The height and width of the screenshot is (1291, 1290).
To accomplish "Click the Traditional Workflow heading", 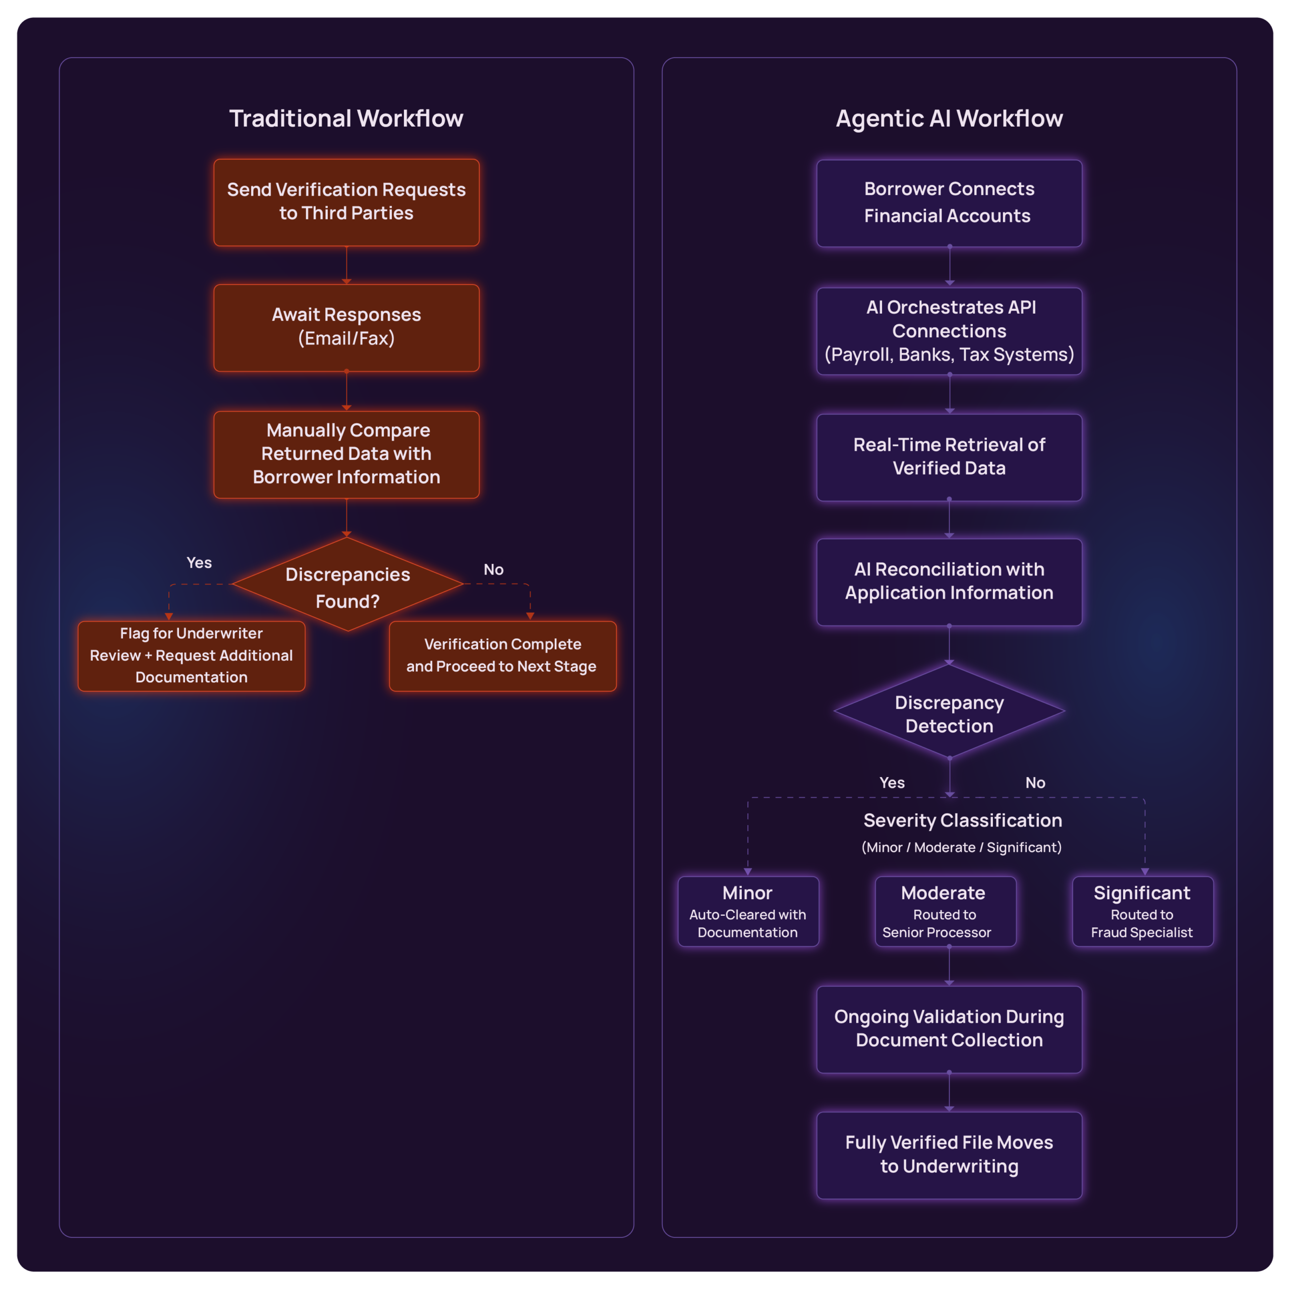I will tap(346, 119).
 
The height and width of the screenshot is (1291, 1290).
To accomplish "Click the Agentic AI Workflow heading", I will tap(949, 119).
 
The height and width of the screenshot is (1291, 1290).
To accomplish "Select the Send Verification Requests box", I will tap(346, 202).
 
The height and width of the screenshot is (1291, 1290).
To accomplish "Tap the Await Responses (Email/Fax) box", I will tap(346, 327).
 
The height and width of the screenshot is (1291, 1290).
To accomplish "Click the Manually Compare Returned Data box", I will tap(346, 454).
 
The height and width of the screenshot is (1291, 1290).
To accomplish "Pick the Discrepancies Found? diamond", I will tap(347, 585).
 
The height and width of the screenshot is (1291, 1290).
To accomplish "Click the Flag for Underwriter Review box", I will tap(191, 656).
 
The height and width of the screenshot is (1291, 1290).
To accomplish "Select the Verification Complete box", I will tap(502, 656).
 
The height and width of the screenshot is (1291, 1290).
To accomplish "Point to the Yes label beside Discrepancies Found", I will tap(199, 563).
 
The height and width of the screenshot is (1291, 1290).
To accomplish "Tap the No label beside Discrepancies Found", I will tap(493, 569).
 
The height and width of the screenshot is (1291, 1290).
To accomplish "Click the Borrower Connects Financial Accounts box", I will tap(949, 202).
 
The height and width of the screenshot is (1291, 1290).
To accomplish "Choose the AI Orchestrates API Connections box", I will tap(949, 331).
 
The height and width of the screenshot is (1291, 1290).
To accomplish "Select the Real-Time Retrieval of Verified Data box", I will tap(949, 457).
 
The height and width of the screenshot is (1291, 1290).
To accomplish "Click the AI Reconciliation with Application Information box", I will tap(949, 581).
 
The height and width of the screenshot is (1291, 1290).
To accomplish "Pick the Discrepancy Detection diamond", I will tap(949, 713).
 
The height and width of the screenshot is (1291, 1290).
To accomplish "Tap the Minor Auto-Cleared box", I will tap(748, 911).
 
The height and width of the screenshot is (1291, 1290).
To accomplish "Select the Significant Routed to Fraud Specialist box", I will tap(1142, 911).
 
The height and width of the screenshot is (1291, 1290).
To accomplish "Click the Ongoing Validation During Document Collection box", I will tap(949, 1029).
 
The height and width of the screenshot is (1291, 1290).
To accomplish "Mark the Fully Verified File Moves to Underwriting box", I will tap(949, 1155).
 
